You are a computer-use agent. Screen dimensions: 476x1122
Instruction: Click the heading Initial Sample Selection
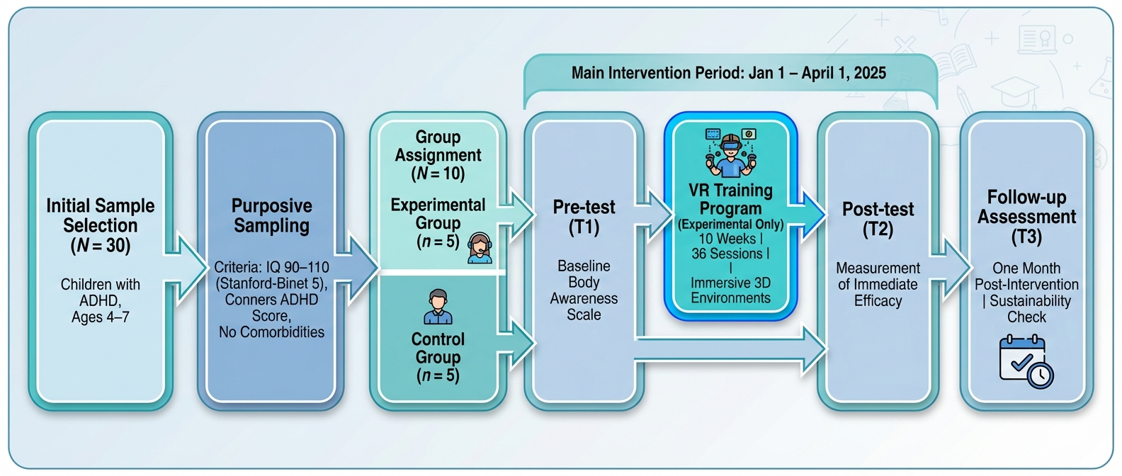tap(100, 225)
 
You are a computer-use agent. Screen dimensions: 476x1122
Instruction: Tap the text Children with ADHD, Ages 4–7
tap(100, 300)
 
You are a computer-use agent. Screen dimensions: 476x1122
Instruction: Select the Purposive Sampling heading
tap(271, 215)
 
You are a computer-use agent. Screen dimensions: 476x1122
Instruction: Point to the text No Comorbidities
tap(271, 331)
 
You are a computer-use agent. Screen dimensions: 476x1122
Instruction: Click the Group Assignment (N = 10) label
tap(438, 154)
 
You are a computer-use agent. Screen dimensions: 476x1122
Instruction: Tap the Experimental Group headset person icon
tap(480, 248)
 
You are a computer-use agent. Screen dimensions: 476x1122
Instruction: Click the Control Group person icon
tap(438, 306)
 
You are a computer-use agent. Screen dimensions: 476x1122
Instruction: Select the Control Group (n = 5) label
tap(438, 357)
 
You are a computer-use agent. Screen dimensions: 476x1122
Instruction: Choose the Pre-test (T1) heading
tap(584, 217)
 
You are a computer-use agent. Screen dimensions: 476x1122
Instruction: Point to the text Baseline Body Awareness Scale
tap(584, 290)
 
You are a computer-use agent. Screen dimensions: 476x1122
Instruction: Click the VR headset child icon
tap(730, 153)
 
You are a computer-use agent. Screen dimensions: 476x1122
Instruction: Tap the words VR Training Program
tap(730, 199)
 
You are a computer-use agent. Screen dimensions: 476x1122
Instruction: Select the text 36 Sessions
tap(727, 254)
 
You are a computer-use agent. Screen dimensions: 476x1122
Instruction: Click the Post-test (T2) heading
tap(878, 219)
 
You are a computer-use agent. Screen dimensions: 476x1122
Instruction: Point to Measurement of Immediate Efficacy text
tap(878, 284)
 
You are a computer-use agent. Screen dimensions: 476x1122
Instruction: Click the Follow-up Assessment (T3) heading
tap(1026, 216)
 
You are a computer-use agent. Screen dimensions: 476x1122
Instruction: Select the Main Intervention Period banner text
tap(729, 73)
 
